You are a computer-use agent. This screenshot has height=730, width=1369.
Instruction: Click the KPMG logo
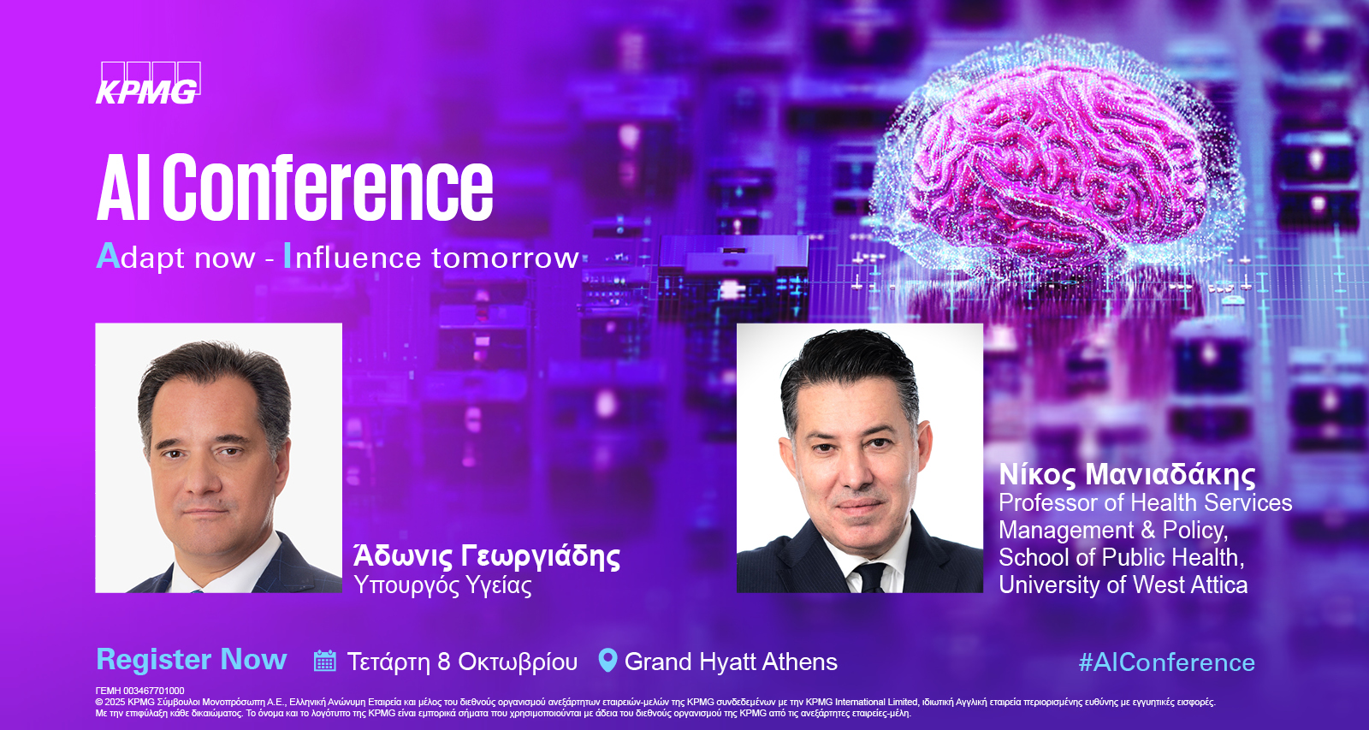pos(149,82)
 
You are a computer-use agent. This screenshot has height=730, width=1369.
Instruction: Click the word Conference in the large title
pos(328,187)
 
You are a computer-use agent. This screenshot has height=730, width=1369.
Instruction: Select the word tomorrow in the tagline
pos(506,258)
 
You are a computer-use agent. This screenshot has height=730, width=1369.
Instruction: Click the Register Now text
pos(192,660)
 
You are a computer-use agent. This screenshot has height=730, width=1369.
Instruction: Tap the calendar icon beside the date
pos(324,661)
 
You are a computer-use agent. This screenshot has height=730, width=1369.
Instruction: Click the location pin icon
pos(607,661)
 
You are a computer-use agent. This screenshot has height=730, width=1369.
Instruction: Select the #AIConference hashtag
pos(1167,662)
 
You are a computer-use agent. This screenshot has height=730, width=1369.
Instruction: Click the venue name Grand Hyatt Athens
pos(731,662)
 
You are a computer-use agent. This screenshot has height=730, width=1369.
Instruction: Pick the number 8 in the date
pos(444,662)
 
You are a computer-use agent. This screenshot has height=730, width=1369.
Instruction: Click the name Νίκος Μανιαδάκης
pos(1127,474)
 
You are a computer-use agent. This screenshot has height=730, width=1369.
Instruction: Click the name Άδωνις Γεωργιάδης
pos(487,556)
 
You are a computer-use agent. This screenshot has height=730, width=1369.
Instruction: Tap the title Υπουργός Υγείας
pos(442,585)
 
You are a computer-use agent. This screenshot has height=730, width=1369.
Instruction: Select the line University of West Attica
pos(1123,585)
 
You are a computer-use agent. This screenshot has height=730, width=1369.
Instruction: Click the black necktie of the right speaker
pos(869,577)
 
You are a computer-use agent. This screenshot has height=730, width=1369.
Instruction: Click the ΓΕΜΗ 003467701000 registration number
pos(140,691)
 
